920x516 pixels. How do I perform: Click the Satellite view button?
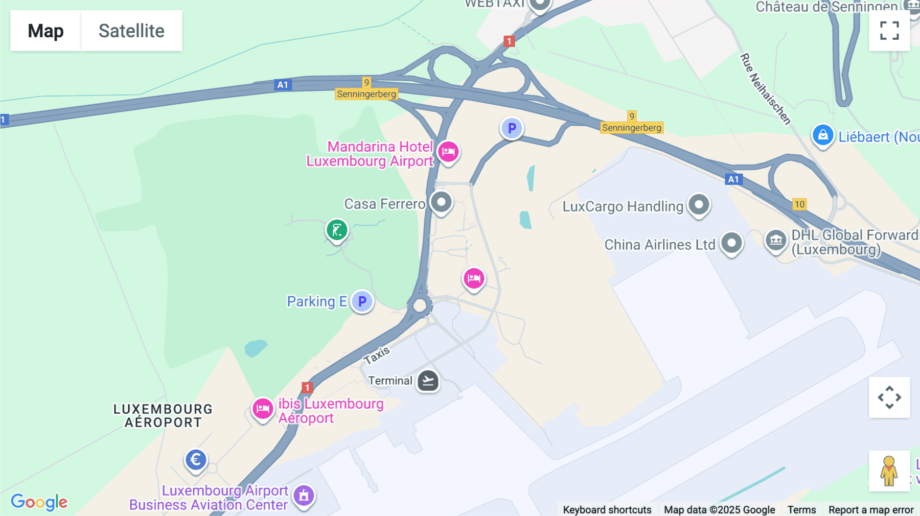tap(131, 31)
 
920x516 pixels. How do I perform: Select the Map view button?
tap(45, 31)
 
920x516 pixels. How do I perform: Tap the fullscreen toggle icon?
tap(889, 31)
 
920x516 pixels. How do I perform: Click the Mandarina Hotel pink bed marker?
tap(448, 152)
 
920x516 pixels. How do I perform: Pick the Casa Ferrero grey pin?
tap(441, 202)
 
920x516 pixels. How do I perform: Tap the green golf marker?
tap(337, 230)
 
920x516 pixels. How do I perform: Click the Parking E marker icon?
tap(362, 301)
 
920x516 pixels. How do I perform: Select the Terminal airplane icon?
tap(428, 381)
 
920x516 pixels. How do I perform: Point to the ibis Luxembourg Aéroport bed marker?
tap(263, 409)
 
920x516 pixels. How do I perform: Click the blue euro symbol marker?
tap(196, 460)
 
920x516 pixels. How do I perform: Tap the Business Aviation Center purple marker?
tap(304, 495)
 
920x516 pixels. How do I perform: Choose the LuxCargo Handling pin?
tap(699, 205)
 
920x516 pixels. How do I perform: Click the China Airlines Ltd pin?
tap(731, 243)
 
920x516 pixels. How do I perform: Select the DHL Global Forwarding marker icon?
tap(775, 240)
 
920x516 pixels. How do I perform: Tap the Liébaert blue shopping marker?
tap(823, 135)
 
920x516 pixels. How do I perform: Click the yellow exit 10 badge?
tap(799, 204)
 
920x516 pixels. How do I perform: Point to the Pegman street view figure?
tap(889, 471)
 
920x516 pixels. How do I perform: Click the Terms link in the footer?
tap(801, 509)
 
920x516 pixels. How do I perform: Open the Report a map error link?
tap(871, 509)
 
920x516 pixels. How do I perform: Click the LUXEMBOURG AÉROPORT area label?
tap(163, 416)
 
